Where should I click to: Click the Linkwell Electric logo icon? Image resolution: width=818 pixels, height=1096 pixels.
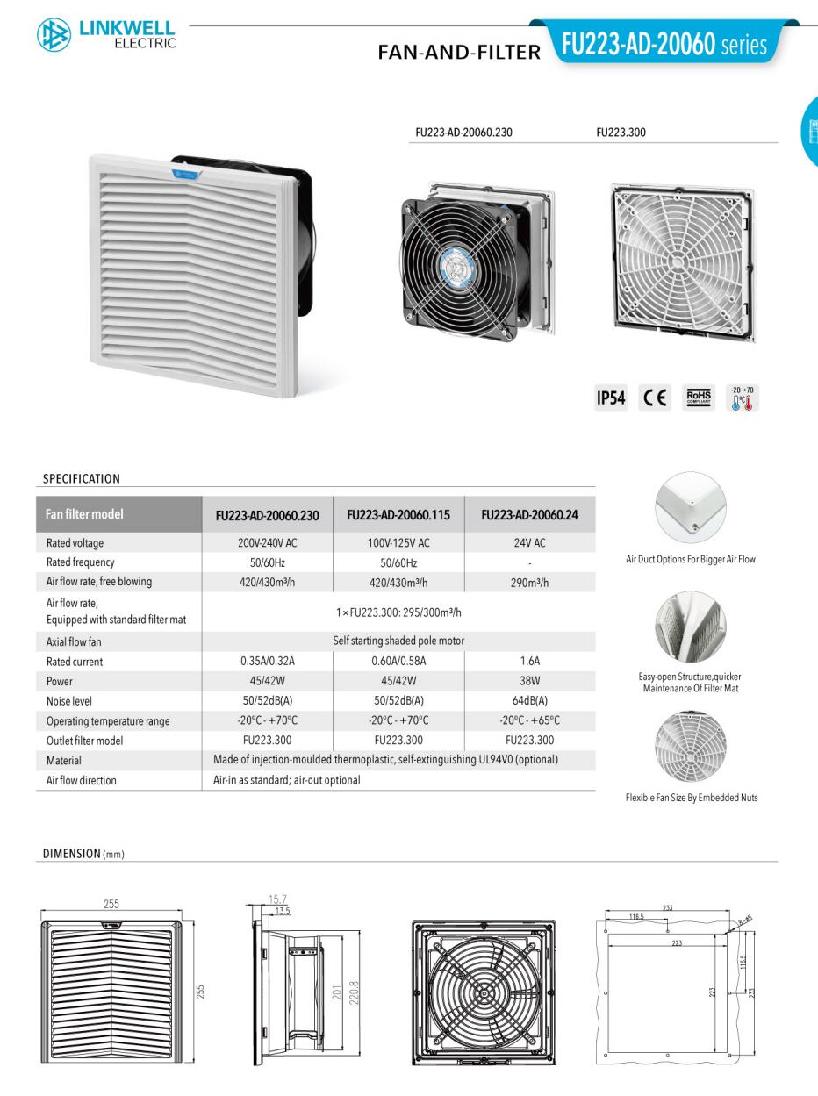point(54,34)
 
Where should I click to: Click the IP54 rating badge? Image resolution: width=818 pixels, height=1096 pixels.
point(611,398)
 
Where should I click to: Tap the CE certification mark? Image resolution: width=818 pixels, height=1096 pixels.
point(655,398)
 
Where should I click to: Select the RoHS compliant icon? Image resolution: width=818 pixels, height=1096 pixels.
point(699,398)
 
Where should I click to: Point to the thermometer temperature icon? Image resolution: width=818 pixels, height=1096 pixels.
point(743,399)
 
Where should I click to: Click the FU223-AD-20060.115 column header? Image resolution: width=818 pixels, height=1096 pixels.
point(398,515)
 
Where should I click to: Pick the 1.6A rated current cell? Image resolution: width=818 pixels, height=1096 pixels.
point(530,662)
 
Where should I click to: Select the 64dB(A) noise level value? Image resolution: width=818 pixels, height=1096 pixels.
point(530,701)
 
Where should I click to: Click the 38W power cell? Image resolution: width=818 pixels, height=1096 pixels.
point(530,681)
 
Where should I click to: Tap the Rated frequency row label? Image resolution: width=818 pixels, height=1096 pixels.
point(81,562)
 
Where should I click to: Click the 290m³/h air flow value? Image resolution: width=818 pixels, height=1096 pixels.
point(530,582)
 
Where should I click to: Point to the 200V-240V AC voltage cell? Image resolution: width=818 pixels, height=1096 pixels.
point(267,543)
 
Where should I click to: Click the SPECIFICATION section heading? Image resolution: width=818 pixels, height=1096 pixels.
point(82,479)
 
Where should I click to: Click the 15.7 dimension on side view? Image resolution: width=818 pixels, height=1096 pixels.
point(278,899)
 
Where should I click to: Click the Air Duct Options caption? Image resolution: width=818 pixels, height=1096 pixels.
point(691,559)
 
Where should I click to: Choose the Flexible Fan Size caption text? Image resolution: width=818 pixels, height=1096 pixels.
point(692,798)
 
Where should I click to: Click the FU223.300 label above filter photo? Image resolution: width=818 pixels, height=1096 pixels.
point(621,133)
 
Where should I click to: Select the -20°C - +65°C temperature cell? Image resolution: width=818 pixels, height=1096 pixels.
point(530,721)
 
